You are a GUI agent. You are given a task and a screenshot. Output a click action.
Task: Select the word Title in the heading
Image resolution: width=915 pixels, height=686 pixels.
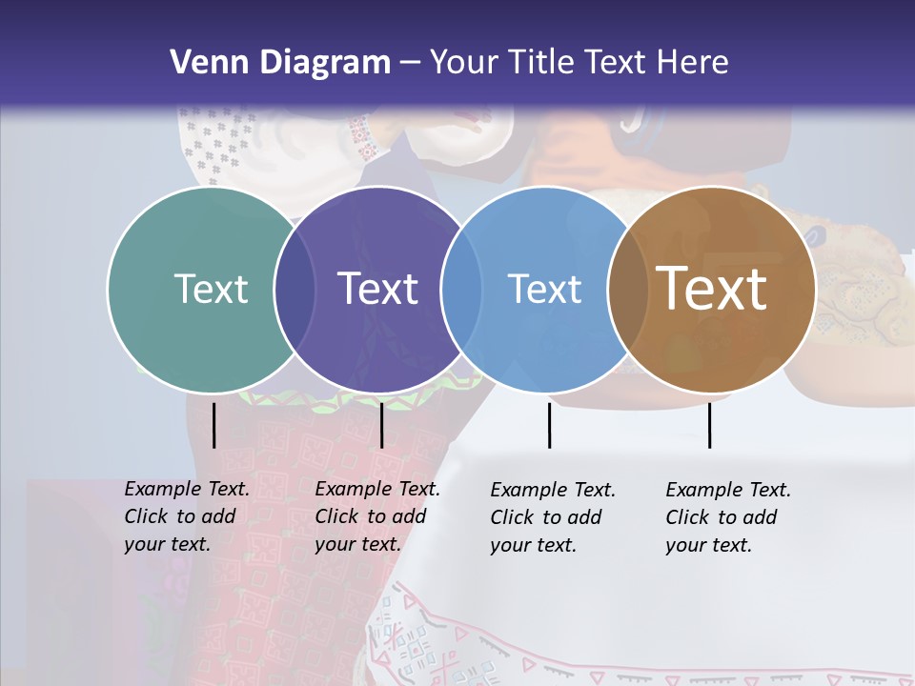pyautogui.click(x=542, y=63)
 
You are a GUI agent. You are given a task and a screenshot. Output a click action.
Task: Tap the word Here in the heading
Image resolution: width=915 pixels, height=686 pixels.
pyautogui.click(x=691, y=63)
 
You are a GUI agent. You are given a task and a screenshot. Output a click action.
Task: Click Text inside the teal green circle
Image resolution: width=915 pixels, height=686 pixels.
pyautogui.click(x=211, y=289)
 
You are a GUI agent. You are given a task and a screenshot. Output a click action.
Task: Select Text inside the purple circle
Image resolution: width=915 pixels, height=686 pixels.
pyautogui.click(x=378, y=289)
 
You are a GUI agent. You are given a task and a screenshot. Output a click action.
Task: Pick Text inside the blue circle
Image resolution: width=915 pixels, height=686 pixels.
pyautogui.click(x=544, y=289)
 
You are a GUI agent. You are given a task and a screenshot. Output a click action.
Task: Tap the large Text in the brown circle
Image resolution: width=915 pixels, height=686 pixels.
pyautogui.click(x=712, y=288)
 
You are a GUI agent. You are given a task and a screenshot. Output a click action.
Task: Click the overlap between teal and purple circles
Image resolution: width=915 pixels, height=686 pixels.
pyautogui.click(x=295, y=289)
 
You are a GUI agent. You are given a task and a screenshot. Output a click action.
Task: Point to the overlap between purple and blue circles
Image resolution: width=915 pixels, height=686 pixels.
pyautogui.click(x=461, y=289)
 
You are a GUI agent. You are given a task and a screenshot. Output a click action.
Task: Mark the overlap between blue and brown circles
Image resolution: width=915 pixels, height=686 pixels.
pyautogui.click(x=628, y=289)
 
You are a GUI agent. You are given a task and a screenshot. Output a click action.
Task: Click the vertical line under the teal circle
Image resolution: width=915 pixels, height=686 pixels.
pyautogui.click(x=213, y=425)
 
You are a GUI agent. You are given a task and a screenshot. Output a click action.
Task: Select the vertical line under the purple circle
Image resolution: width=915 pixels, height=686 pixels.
pyautogui.click(x=381, y=425)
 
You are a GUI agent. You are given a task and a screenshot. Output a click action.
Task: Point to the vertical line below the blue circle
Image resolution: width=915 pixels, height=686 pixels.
pyautogui.click(x=549, y=425)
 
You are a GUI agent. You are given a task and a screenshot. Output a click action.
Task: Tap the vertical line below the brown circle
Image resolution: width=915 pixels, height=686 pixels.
pyautogui.click(x=709, y=425)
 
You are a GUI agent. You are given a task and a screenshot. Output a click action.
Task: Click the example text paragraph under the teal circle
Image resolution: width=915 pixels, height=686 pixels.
pyautogui.click(x=187, y=516)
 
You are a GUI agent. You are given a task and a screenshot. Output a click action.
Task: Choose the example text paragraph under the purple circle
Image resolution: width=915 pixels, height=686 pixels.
pyautogui.click(x=377, y=516)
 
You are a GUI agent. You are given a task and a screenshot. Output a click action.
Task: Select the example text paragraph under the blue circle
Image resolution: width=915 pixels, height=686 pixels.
pyautogui.click(x=553, y=517)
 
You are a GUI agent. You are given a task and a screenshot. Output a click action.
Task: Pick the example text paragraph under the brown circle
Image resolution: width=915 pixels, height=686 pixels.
pyautogui.click(x=728, y=517)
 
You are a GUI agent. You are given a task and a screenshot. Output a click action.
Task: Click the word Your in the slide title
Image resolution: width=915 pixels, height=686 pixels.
pyautogui.click(x=464, y=63)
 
